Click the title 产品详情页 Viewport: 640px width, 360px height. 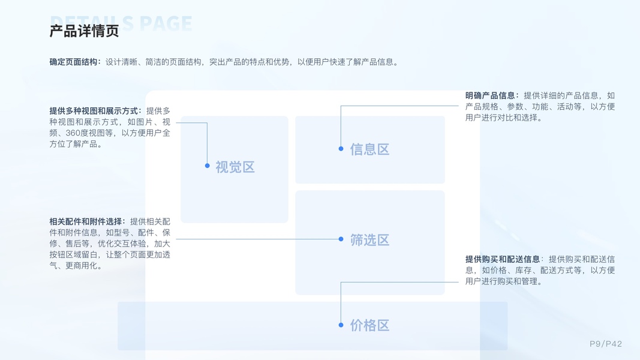point(84,31)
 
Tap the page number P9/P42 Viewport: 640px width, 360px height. point(605,344)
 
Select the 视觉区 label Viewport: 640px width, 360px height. point(235,167)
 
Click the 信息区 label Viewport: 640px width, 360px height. point(369,149)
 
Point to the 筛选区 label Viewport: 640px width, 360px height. point(369,240)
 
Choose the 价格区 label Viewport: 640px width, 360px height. point(369,325)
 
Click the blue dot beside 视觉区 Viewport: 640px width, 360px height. point(207,166)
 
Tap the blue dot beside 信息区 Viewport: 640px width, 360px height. point(341,148)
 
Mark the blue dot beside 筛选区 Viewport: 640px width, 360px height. point(341,239)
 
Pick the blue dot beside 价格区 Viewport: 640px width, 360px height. point(341,325)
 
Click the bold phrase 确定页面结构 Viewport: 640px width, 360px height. point(74,62)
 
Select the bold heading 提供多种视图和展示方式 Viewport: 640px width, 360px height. point(95,111)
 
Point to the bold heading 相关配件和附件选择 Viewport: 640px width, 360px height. point(87,221)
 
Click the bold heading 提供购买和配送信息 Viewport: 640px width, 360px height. point(503,259)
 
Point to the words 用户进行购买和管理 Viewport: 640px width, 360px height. point(504,281)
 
